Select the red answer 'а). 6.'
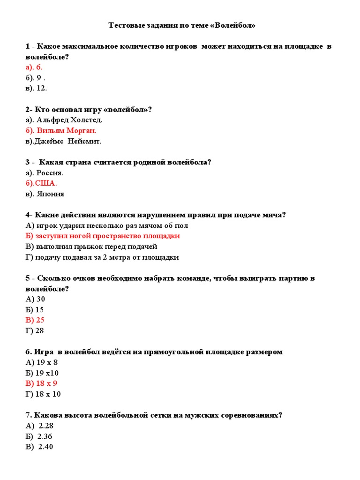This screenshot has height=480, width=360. (x=34, y=67)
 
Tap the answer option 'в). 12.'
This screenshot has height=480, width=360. (x=37, y=88)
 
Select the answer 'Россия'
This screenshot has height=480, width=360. (x=50, y=172)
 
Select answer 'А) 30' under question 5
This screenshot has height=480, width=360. (x=36, y=299)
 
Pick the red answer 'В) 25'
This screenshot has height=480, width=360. (x=36, y=320)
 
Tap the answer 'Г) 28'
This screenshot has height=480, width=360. (x=36, y=331)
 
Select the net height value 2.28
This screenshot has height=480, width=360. (x=45, y=426)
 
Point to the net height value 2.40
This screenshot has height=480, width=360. (x=45, y=447)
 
